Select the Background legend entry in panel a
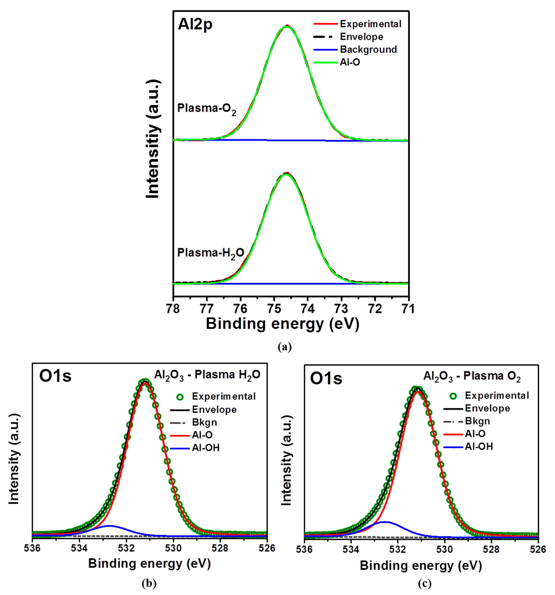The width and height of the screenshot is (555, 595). [x=368, y=49]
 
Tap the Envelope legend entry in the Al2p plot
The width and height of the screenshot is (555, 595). [x=361, y=37]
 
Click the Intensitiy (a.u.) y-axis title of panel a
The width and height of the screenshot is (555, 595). [x=153, y=139]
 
